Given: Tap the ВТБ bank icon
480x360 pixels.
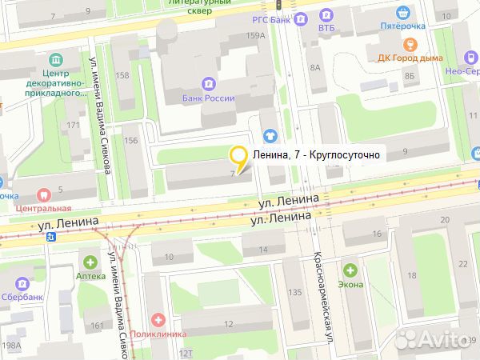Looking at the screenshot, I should pyautogui.click(x=325, y=14).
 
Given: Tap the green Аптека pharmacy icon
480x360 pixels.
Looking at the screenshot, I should pyautogui.click(x=90, y=262).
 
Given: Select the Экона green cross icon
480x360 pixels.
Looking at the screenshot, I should pyautogui.click(x=350, y=270).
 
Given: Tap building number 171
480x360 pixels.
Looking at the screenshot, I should pyautogui.click(x=73, y=125).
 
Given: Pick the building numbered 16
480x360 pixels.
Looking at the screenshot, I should pyautogui.click(x=376, y=234).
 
